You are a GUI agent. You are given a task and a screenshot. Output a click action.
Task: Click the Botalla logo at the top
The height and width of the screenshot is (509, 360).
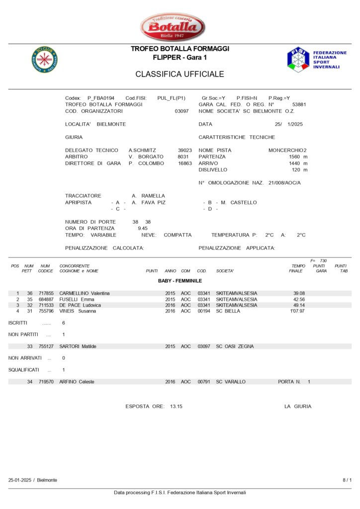click(173, 27)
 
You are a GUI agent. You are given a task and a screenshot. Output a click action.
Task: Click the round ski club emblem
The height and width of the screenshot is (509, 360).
click(44, 59)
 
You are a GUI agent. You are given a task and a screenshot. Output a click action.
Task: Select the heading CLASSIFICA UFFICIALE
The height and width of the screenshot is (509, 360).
click(180, 75)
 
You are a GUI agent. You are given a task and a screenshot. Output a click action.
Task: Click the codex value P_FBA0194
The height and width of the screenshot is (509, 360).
click(101, 98)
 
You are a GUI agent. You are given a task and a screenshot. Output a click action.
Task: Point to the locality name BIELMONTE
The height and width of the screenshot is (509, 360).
click(111, 124)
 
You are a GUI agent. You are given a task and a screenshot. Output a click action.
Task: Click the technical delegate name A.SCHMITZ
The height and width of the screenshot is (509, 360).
click(142, 150)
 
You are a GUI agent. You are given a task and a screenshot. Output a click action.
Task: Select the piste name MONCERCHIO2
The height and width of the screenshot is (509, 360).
click(287, 150)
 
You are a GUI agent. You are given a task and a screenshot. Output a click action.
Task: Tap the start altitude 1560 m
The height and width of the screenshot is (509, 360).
click(298, 157)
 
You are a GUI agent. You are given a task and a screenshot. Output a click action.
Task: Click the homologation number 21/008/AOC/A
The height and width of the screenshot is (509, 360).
click(284, 183)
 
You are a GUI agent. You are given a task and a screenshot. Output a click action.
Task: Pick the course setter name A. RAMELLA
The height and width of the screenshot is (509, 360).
click(148, 196)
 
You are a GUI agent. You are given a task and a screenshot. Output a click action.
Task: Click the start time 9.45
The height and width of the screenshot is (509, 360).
click(142, 228)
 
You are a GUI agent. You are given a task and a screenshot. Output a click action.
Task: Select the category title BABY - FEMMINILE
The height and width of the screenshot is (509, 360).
click(180, 281)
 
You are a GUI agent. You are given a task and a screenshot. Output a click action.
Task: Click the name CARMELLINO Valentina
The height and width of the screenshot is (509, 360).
click(85, 293)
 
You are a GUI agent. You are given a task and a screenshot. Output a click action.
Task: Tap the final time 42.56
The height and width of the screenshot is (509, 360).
click(299, 299)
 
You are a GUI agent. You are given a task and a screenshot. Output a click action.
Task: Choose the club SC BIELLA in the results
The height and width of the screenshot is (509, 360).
click(228, 311)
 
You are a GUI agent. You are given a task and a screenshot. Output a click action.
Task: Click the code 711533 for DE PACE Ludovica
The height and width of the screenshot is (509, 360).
click(46, 305)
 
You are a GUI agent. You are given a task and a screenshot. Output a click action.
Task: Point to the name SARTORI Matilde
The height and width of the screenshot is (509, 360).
click(78, 346)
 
